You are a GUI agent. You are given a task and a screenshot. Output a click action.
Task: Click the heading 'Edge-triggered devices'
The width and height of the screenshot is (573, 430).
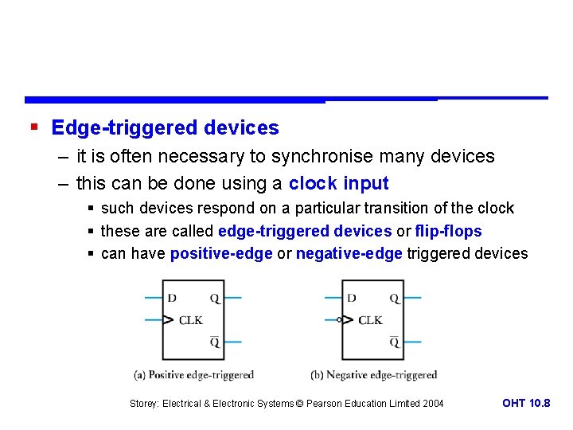(x=165, y=127)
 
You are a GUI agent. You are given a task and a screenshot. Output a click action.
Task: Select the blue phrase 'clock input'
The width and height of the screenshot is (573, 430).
(x=338, y=183)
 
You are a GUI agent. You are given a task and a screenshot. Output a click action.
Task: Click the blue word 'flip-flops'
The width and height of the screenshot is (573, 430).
(x=448, y=231)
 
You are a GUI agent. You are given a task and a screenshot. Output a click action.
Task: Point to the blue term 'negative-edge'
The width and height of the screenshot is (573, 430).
(x=349, y=253)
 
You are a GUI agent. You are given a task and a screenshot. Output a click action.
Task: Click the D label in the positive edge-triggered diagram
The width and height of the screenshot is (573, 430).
(x=172, y=299)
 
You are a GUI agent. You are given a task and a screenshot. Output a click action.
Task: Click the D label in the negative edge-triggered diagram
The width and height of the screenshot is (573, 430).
(x=352, y=299)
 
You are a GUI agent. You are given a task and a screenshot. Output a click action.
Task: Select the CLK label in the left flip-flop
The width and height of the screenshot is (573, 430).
(x=190, y=320)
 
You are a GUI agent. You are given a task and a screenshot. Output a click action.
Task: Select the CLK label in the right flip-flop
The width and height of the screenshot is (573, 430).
(x=370, y=320)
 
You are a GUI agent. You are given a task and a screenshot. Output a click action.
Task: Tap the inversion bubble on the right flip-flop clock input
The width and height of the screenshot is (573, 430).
(x=340, y=320)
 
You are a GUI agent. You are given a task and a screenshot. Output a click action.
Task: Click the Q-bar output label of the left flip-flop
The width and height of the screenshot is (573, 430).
(x=215, y=342)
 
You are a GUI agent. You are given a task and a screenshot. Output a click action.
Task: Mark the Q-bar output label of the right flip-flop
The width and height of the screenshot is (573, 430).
(x=395, y=342)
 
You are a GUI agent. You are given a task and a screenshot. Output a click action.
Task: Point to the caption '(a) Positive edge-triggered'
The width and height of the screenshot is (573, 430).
(x=193, y=375)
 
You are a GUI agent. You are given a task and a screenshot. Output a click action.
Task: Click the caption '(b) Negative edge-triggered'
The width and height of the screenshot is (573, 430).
(x=373, y=375)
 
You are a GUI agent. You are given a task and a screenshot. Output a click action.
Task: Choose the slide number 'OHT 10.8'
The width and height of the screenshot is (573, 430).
(x=526, y=403)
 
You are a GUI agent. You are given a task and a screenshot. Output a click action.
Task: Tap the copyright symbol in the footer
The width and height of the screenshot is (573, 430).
(x=299, y=404)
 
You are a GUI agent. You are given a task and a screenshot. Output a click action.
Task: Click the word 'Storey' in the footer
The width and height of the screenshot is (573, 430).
(x=144, y=404)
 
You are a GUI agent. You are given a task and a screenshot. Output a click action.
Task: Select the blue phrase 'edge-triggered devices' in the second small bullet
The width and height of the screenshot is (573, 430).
(x=305, y=231)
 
